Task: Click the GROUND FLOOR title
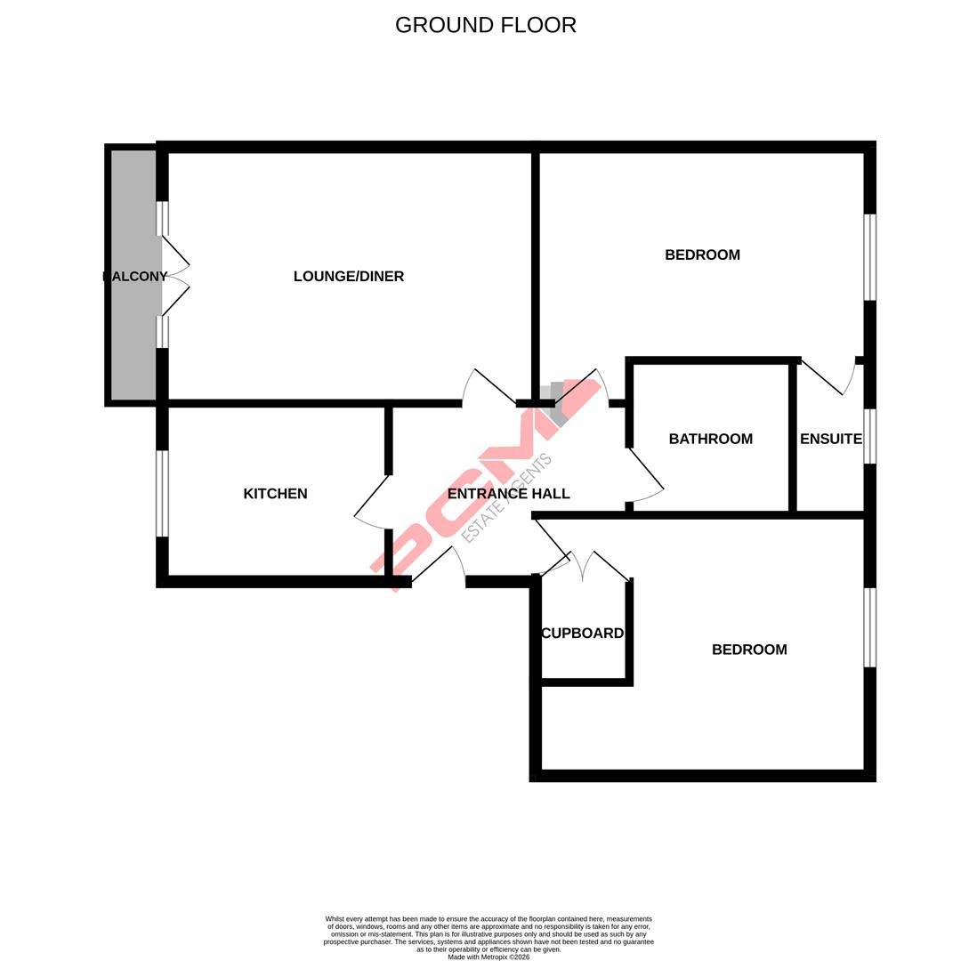click(x=485, y=25)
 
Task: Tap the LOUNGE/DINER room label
click(x=349, y=277)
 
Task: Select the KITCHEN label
click(x=275, y=494)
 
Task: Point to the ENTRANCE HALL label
click(x=508, y=494)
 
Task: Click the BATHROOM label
click(x=710, y=439)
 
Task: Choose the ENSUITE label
click(x=830, y=439)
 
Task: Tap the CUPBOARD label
click(x=582, y=634)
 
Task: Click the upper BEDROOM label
click(x=702, y=255)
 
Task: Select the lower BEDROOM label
click(x=749, y=650)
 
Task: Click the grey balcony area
click(x=133, y=338)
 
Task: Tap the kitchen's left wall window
click(x=162, y=494)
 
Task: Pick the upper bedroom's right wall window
click(x=870, y=257)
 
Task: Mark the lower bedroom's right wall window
click(x=870, y=627)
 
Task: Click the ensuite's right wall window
click(x=870, y=436)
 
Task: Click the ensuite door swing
click(x=828, y=378)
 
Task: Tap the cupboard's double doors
click(x=583, y=565)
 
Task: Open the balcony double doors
click(x=175, y=276)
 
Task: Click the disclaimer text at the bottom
click(x=488, y=938)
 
